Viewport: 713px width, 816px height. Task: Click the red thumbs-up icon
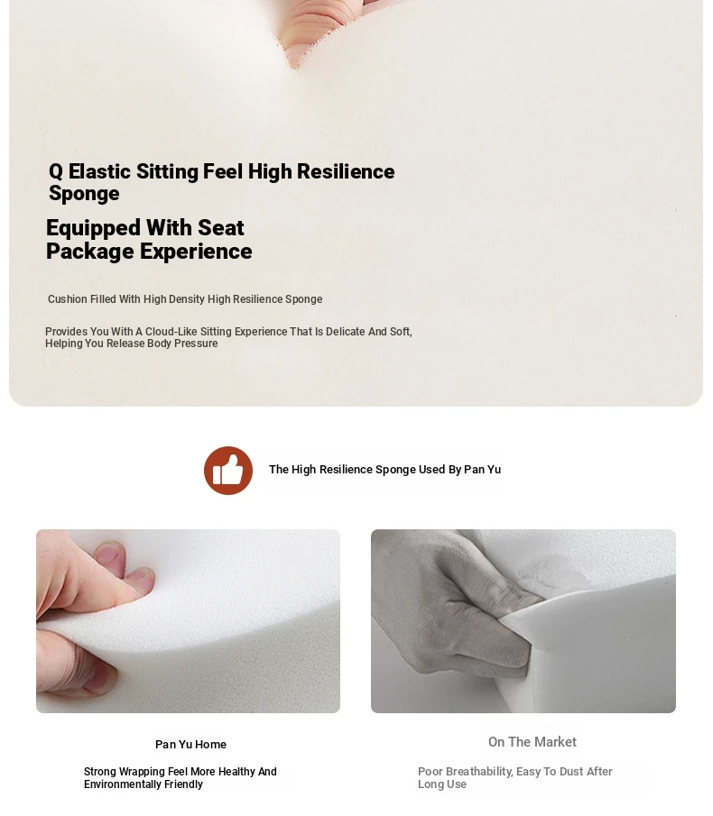[228, 471]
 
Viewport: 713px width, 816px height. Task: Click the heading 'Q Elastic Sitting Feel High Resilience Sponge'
[221, 182]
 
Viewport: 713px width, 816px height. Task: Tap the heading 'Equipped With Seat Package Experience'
[149, 239]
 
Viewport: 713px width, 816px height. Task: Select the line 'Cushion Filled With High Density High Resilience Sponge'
[185, 299]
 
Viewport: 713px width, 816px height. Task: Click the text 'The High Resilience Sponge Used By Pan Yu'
[384, 470]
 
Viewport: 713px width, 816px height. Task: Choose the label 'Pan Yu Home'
[190, 745]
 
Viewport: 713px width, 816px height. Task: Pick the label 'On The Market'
[532, 742]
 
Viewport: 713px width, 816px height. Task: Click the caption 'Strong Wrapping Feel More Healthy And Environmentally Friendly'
[181, 778]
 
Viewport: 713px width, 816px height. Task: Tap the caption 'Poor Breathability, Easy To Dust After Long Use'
[515, 778]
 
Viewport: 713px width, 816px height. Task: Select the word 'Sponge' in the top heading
[84, 194]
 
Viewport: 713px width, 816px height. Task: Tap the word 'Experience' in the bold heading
[197, 252]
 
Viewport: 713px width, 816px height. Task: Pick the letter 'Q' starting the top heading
[56, 171]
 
